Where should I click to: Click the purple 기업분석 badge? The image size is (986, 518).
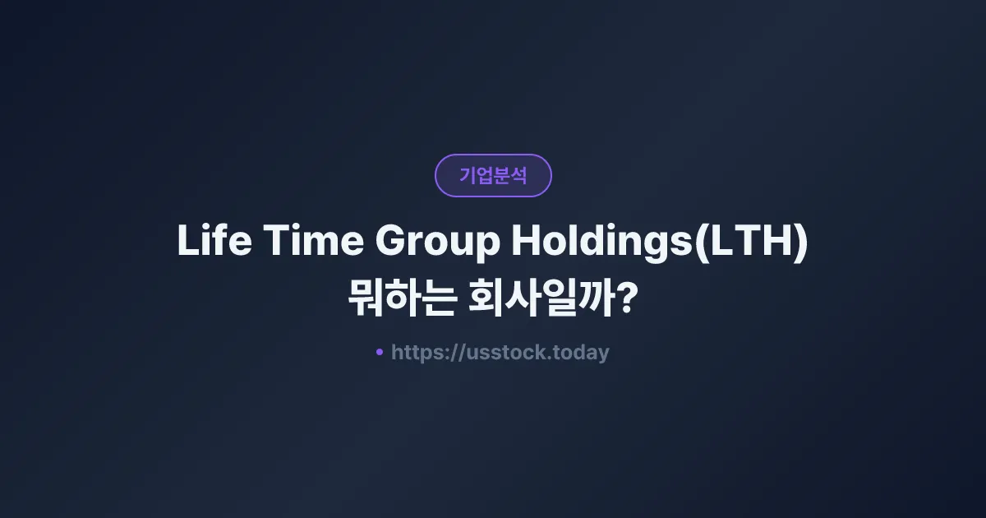pyautogui.click(x=493, y=175)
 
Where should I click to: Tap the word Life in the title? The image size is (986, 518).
pyautogui.click(x=206, y=242)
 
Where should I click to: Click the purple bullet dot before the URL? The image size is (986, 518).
pyautogui.click(x=380, y=352)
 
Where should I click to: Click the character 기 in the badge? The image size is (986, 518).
pyautogui.click(x=468, y=175)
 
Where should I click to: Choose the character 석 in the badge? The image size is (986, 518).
pyautogui.click(x=518, y=175)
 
